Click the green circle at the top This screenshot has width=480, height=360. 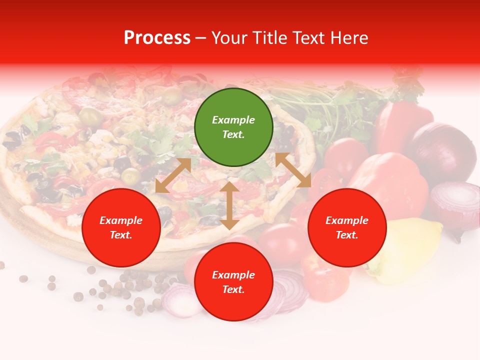tap(233, 127)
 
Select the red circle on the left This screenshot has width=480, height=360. tap(121, 228)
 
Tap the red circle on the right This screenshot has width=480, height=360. tap(347, 228)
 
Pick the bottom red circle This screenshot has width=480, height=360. tap(233, 282)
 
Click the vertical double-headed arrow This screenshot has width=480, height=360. tap(229, 205)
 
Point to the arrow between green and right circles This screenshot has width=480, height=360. tap(293, 170)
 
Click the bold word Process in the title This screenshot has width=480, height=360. tap(157, 38)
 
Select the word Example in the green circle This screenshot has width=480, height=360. tap(233, 120)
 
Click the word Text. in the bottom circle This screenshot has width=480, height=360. tap(233, 289)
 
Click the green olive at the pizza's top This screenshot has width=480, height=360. tap(91, 116)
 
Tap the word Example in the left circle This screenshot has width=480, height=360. tap(121, 220)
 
